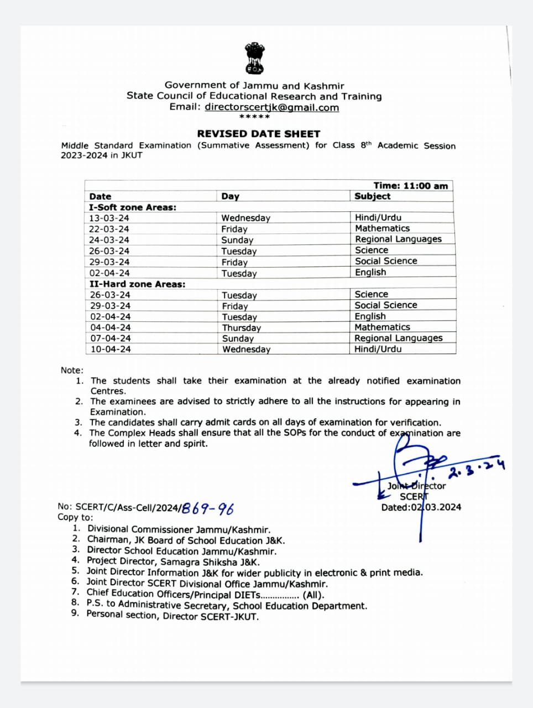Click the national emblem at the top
[x=254, y=58]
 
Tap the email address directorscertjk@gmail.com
[x=271, y=107]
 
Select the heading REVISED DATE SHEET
[x=259, y=134]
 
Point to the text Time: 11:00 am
[x=410, y=186]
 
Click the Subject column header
[x=372, y=196]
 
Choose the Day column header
[x=230, y=196]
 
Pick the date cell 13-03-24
[x=109, y=218]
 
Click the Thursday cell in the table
[x=241, y=327]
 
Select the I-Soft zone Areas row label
[x=133, y=207]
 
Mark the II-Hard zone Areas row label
[x=137, y=284]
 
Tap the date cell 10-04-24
[x=111, y=349]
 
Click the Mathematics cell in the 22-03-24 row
[x=382, y=228]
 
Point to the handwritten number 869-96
[x=208, y=508]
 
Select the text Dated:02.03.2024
[x=421, y=507]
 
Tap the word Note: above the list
[x=72, y=371]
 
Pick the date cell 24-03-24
[x=109, y=240]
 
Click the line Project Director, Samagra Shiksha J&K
[x=173, y=561]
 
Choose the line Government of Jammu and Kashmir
[x=254, y=86]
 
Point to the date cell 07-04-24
[x=111, y=338]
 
